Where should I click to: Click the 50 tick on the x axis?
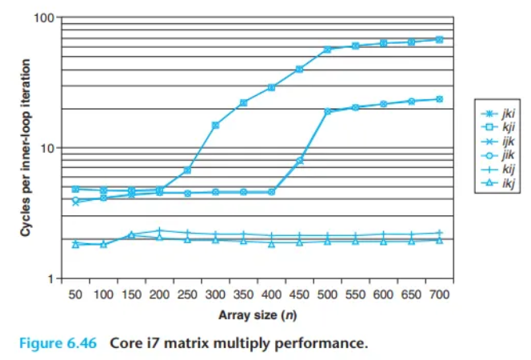76,294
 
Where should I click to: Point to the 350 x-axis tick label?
243,294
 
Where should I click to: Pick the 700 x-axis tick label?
439,294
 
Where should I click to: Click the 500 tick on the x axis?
327,294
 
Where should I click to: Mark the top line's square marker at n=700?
439,39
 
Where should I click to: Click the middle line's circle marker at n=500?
327,111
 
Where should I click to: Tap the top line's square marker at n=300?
215,126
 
